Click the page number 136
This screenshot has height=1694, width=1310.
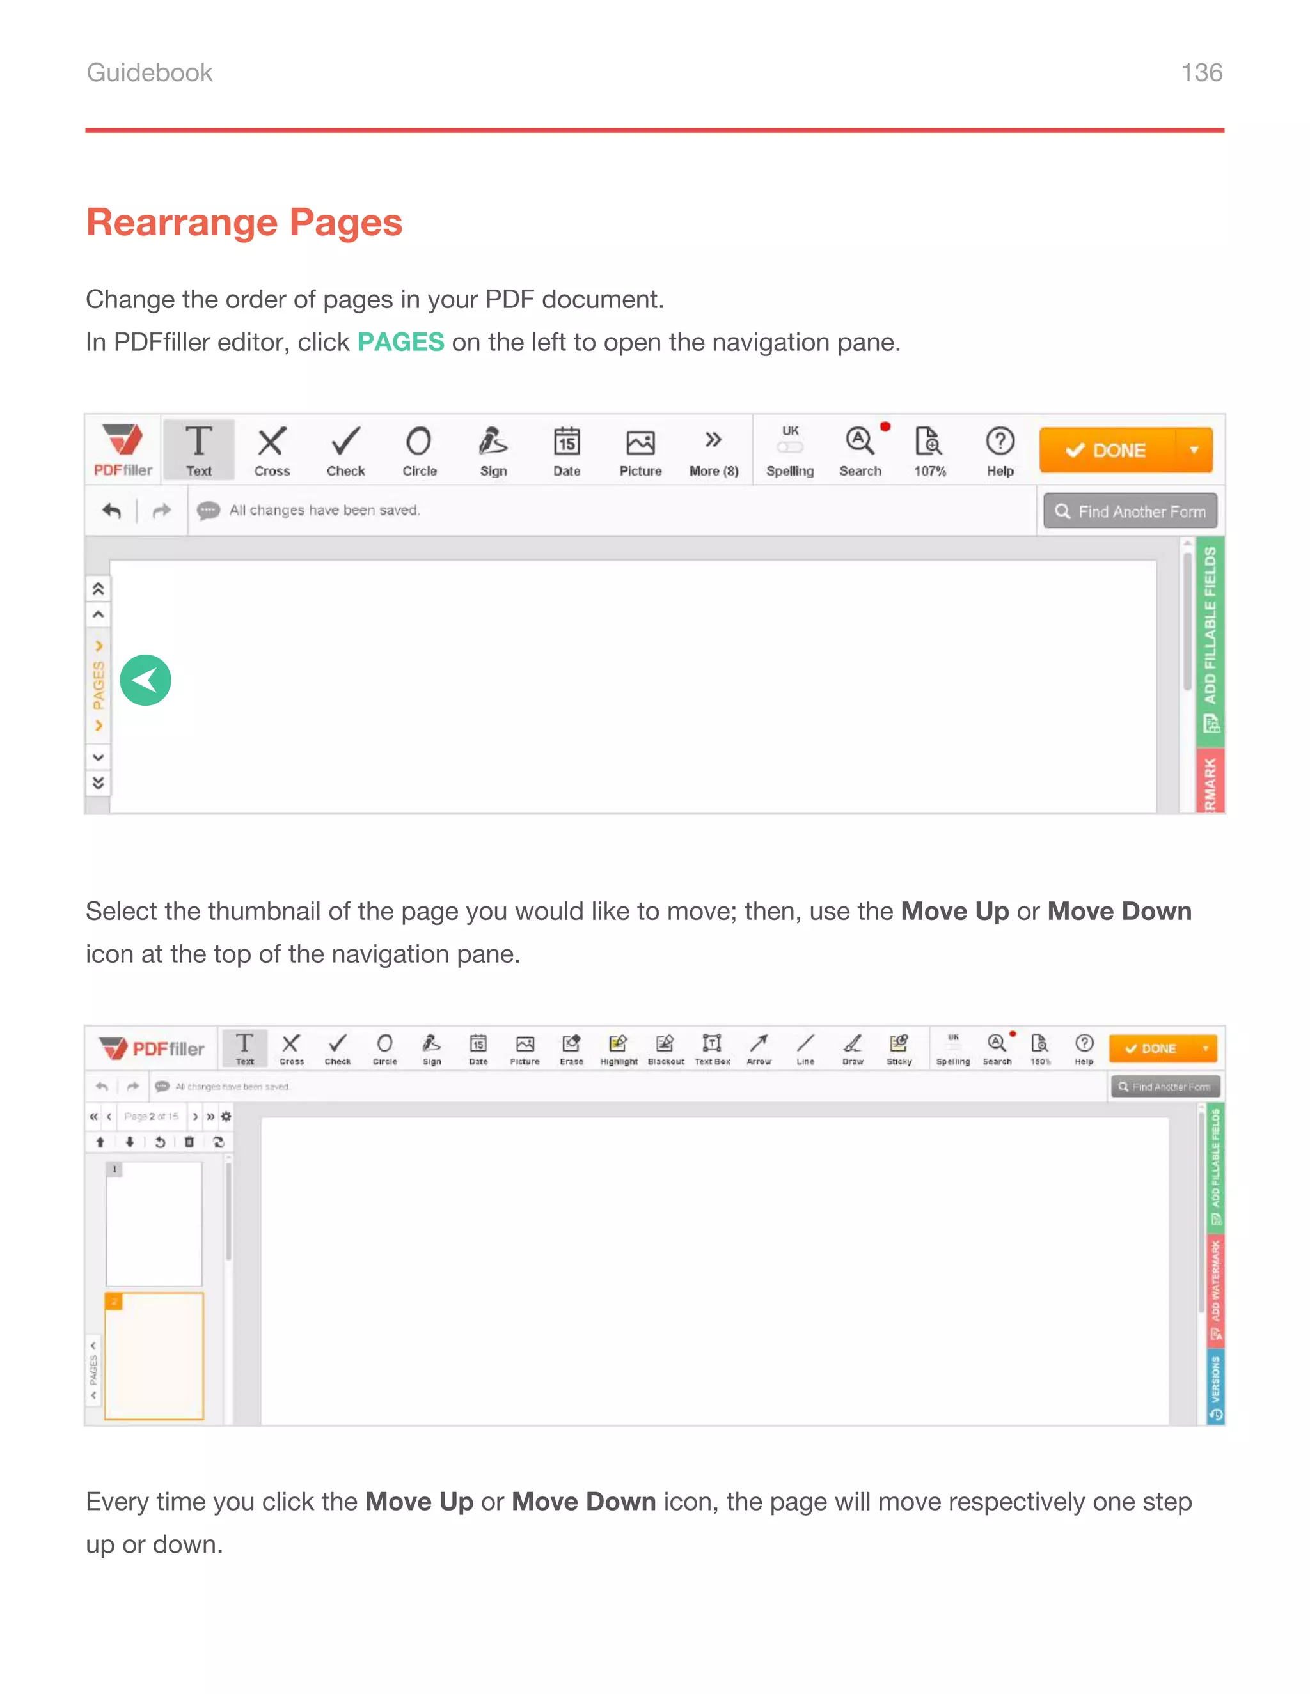tap(1201, 73)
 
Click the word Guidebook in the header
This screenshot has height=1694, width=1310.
tap(149, 73)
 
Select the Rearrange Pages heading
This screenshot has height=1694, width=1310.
tap(244, 222)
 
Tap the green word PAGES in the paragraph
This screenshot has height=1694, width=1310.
tap(400, 342)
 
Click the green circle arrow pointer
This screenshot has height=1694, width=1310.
tap(146, 680)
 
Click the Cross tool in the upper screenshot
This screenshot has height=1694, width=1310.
tap(272, 451)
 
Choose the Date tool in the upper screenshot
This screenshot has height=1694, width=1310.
tap(567, 451)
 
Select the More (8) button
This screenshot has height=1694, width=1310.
tap(713, 451)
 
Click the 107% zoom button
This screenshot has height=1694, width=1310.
tap(929, 451)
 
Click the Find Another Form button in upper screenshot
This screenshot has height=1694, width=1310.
tap(1130, 511)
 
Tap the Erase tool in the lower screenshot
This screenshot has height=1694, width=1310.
tap(571, 1048)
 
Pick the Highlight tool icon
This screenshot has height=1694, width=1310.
tap(619, 1048)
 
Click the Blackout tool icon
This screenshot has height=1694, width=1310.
tap(665, 1048)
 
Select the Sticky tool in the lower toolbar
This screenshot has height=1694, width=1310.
tap(899, 1048)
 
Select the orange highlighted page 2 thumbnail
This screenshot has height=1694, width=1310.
tap(154, 1356)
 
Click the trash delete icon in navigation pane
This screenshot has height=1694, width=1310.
tap(189, 1142)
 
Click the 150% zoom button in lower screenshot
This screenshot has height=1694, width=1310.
tap(1040, 1048)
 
